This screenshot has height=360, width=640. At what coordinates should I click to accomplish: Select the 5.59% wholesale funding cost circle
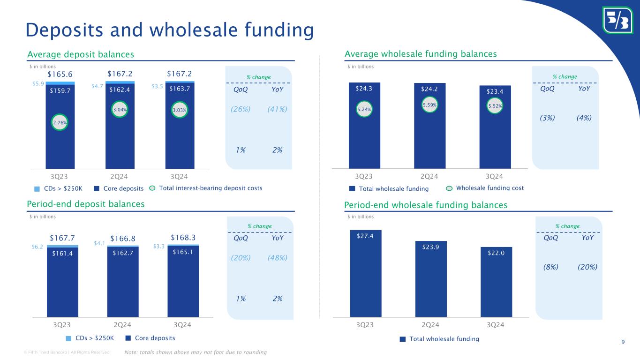coord(429,105)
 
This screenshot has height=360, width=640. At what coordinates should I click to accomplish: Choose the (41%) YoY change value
coord(277,109)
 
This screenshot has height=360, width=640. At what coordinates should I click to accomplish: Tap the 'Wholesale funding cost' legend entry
coord(489,188)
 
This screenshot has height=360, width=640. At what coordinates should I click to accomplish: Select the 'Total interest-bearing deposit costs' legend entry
coord(211,188)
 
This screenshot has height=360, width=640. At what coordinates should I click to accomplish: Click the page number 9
coord(623,341)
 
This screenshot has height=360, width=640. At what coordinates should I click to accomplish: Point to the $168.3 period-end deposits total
coord(182,237)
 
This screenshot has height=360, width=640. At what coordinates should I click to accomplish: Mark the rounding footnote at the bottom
coord(196,352)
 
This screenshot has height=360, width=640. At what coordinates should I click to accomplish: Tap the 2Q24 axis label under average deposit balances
coord(120,176)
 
